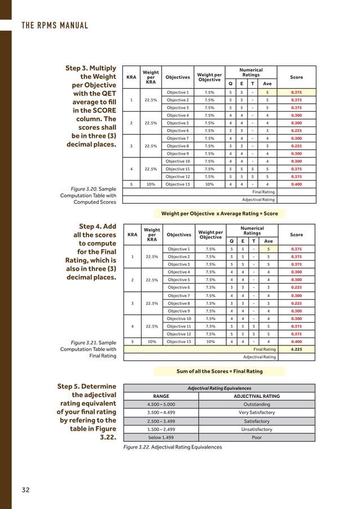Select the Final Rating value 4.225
click(296, 349)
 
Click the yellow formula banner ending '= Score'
click(219, 214)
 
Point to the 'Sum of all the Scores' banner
click(219, 371)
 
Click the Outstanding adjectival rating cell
click(256, 404)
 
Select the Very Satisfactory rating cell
click(256, 413)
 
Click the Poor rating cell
click(256, 437)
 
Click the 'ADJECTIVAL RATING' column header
click(256, 396)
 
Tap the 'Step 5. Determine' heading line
click(86, 386)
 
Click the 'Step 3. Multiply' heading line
click(90, 68)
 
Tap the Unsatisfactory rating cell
click(256, 429)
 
